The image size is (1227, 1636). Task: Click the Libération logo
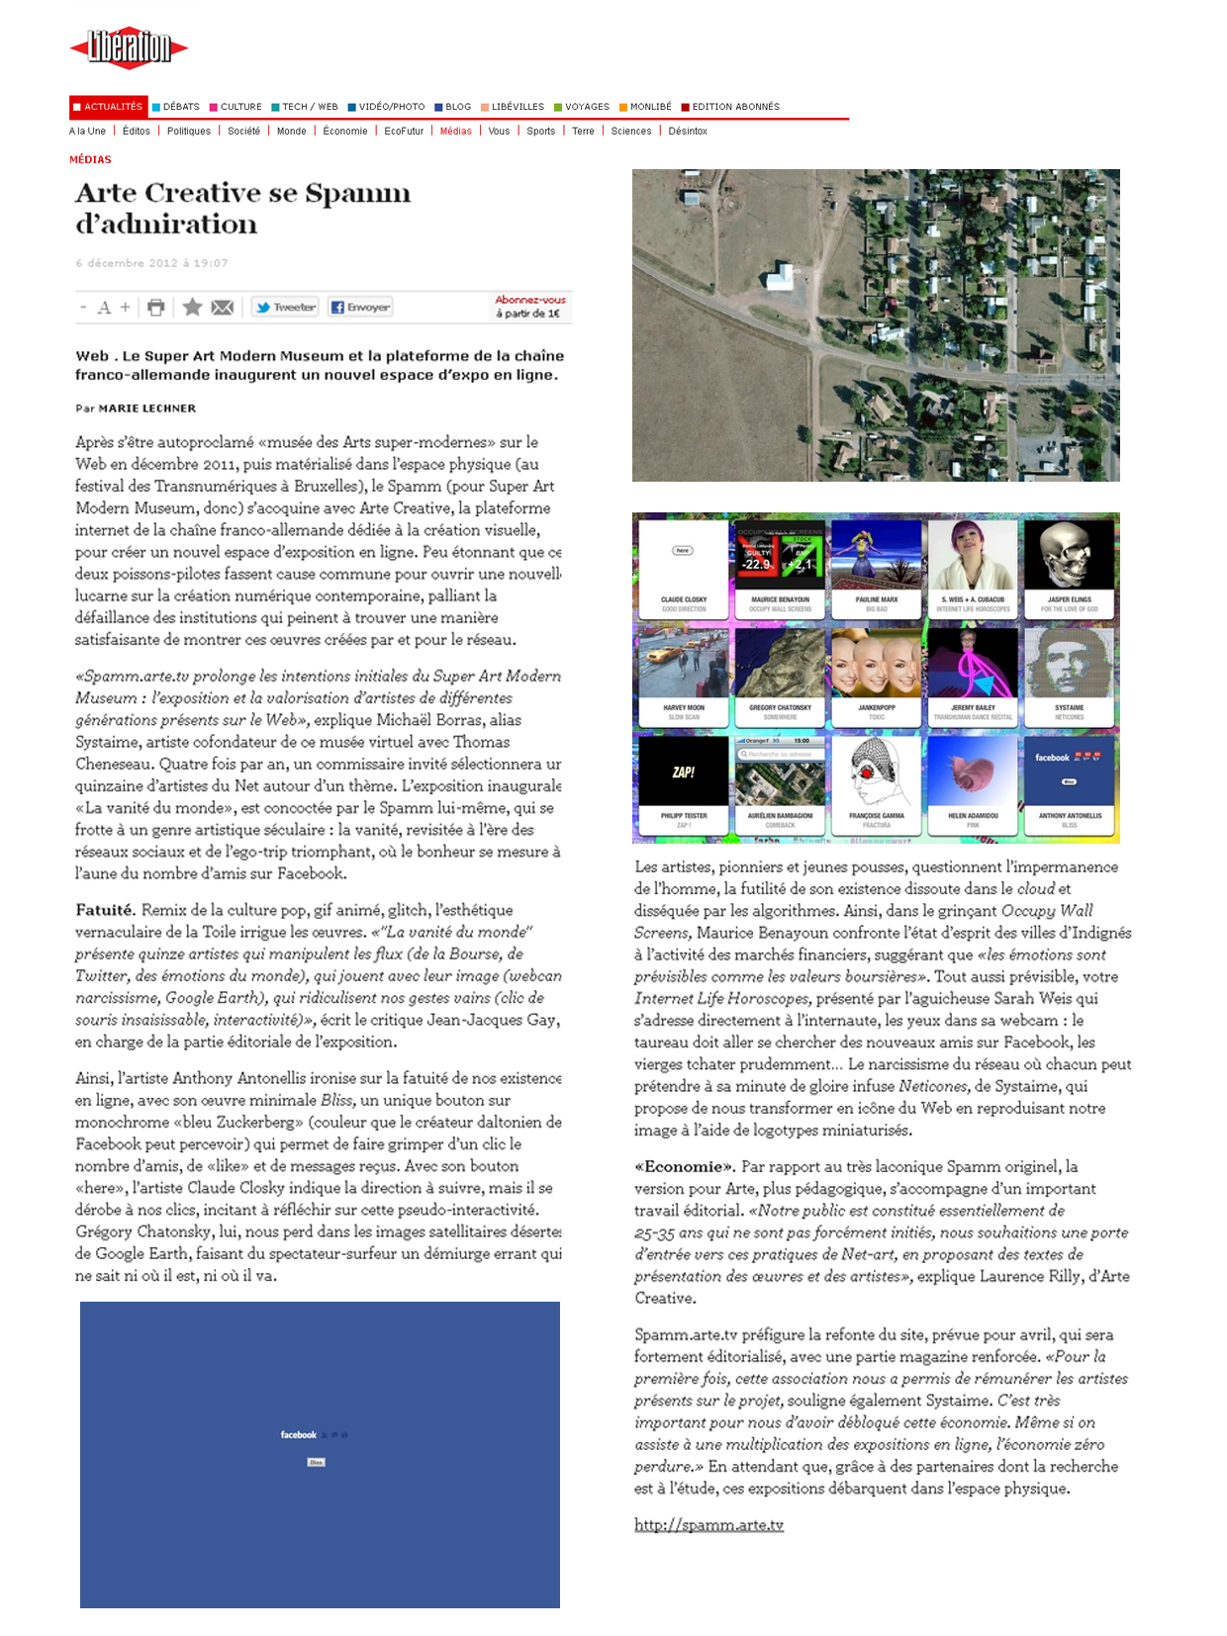pyautogui.click(x=129, y=47)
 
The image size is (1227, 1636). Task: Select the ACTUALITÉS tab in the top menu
pyautogui.click(x=109, y=107)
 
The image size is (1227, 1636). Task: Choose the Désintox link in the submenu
pyautogui.click(x=688, y=132)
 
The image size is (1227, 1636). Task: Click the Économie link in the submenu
pyautogui.click(x=345, y=132)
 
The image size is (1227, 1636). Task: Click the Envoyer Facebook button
pyautogui.click(x=360, y=308)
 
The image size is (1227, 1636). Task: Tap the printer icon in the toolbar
pyautogui.click(x=155, y=308)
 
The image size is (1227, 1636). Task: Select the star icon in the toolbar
pyautogui.click(x=192, y=308)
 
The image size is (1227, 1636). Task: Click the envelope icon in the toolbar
pyautogui.click(x=223, y=308)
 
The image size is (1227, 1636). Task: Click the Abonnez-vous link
pyautogui.click(x=530, y=301)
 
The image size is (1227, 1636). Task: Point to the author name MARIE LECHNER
pyautogui.click(x=146, y=409)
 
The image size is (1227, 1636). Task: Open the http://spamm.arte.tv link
pyautogui.click(x=708, y=1525)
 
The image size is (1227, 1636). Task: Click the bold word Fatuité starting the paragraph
pyautogui.click(x=104, y=910)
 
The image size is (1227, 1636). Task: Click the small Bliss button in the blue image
pyautogui.click(x=317, y=1462)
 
